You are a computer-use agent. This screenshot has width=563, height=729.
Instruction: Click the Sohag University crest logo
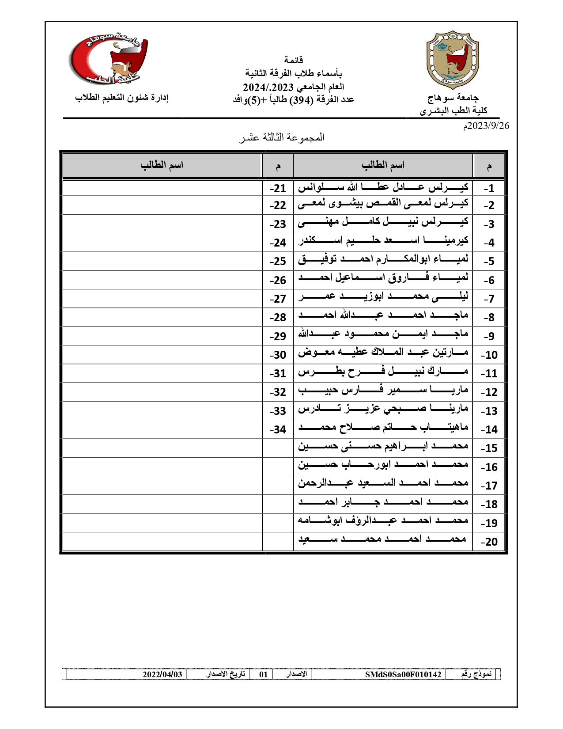point(453,60)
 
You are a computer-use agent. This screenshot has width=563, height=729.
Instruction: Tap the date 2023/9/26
point(486,126)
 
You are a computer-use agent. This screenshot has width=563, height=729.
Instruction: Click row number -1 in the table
point(489,189)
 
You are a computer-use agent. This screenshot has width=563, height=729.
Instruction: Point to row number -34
point(278,429)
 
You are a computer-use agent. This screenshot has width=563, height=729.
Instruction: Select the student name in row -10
point(383,353)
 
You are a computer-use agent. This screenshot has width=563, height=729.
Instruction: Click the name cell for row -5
point(383,259)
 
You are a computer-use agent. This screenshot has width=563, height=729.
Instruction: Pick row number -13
point(489,411)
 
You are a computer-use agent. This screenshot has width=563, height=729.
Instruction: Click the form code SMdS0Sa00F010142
point(403,674)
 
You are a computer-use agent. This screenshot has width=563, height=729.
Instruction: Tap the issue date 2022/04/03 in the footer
point(162,674)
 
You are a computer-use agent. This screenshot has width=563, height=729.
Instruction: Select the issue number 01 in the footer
point(264,674)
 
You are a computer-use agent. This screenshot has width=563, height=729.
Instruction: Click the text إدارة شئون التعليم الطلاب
point(122,98)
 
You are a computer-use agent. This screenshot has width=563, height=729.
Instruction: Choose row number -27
point(278,299)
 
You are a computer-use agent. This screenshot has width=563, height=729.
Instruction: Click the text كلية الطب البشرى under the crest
point(453,111)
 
